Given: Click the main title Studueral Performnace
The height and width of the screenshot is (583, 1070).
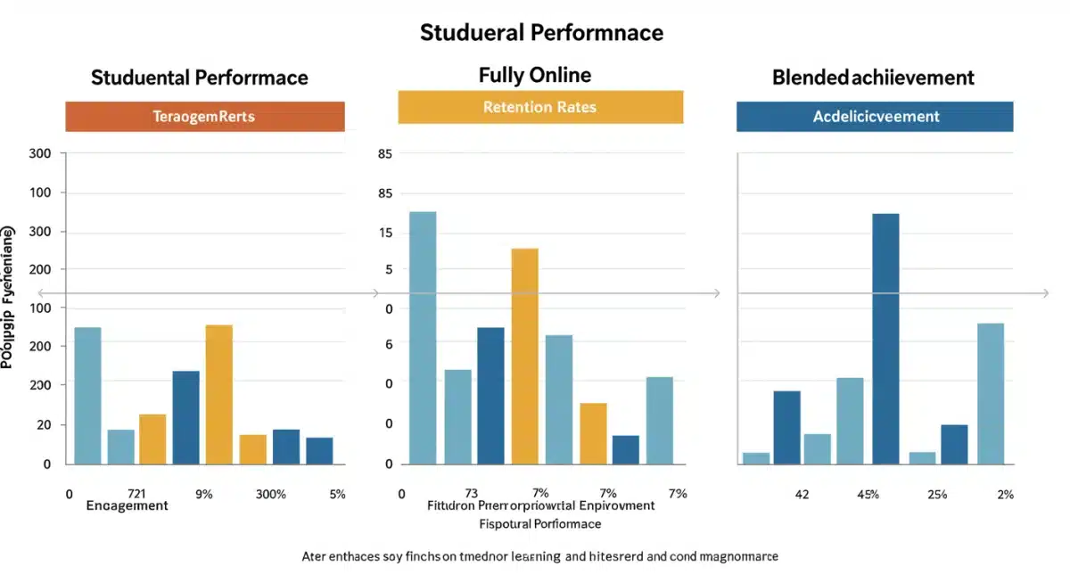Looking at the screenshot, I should [541, 33].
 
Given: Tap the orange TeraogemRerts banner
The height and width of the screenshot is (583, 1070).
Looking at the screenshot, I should [204, 117].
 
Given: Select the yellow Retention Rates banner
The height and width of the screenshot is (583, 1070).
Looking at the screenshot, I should [539, 107].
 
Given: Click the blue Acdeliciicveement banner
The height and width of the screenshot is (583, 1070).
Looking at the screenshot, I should [874, 117].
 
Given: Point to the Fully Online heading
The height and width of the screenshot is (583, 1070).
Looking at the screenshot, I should [534, 75].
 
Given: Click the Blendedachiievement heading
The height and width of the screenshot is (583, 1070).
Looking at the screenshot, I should [873, 78].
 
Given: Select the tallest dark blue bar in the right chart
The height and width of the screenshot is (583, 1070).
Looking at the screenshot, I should [885, 339].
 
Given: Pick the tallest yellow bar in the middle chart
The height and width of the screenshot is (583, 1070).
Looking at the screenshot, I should [524, 356].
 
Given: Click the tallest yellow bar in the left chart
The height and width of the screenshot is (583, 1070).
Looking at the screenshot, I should [218, 394].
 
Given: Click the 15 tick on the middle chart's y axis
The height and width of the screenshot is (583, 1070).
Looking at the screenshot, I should [386, 233].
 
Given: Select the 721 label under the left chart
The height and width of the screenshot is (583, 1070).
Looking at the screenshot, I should [136, 494].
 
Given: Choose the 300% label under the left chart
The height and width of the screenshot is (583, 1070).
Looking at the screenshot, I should [270, 494].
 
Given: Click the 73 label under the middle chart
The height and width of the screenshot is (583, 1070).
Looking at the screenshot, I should [472, 494].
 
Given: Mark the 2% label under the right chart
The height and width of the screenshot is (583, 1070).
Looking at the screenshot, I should [1005, 495].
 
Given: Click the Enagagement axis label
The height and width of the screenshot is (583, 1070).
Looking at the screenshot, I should [127, 506].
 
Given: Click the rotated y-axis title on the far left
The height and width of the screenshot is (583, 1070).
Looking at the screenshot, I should [8, 298].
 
